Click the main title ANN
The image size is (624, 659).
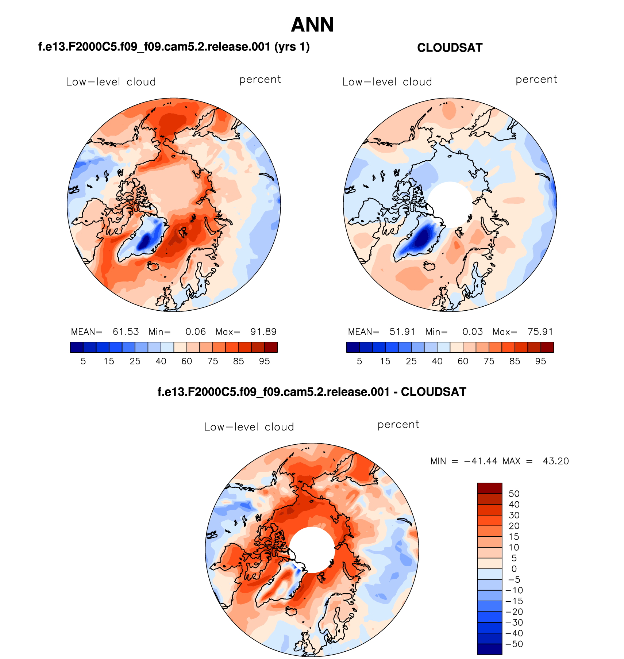click(312, 25)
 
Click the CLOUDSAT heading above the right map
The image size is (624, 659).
click(450, 48)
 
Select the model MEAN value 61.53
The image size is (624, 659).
click(126, 332)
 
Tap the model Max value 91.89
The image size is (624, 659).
click(263, 332)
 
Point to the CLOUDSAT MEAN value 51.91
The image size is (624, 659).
click(402, 332)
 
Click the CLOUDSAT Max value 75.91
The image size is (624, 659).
click(540, 332)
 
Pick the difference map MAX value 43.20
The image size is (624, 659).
click(555, 461)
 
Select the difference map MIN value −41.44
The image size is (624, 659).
click(481, 461)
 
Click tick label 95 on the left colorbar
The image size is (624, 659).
click(264, 361)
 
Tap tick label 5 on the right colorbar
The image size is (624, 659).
click(359, 361)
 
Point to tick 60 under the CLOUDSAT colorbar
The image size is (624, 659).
click(463, 361)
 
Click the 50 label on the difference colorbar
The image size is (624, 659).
click(514, 494)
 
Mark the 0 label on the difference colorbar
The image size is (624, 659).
click(514, 569)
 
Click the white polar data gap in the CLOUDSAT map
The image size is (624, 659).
click(450, 204)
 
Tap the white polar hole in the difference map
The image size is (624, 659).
click(312, 550)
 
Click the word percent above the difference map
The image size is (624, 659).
click(398, 425)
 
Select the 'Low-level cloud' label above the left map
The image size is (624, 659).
click(111, 82)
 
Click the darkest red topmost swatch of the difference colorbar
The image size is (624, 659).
click(489, 488)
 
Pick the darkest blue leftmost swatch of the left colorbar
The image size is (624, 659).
click(77, 347)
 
